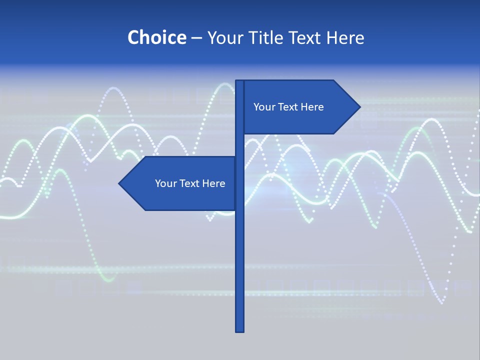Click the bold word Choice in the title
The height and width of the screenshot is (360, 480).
pos(156,37)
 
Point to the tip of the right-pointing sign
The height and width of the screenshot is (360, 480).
pos(359,106)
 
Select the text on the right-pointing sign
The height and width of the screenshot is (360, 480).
pos(288,107)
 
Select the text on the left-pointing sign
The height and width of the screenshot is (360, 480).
pos(190,183)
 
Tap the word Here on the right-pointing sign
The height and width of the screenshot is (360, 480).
pos(312,107)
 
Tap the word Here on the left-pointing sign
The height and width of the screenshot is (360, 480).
pos(214,183)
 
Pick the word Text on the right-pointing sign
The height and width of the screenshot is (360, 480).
pos(287,107)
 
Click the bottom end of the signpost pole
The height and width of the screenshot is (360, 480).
pos(240,330)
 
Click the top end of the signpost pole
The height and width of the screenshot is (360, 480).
pos(240,82)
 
